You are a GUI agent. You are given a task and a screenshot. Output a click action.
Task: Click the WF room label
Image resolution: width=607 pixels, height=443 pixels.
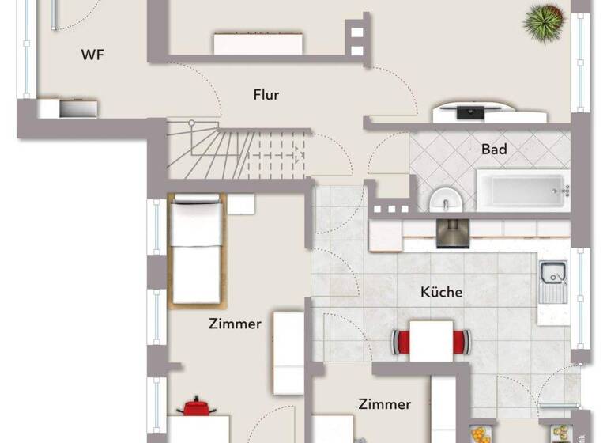tap(93, 55)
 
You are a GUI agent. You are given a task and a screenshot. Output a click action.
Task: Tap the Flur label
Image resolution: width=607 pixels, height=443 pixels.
tap(266, 95)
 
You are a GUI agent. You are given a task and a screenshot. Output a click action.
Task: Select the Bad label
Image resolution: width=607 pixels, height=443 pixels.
tap(494, 149)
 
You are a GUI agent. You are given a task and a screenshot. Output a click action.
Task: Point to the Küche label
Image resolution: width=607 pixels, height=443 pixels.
tap(441, 292)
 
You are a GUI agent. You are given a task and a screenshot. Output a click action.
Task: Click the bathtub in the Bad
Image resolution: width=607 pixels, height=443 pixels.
tap(522, 191)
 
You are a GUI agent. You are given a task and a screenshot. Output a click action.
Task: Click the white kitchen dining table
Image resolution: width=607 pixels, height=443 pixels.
tap(432, 341)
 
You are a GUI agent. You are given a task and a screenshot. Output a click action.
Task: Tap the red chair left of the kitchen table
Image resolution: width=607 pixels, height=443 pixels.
tap(402, 342)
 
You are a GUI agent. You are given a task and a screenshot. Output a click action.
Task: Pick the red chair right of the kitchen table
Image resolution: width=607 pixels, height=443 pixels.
tap(462, 342)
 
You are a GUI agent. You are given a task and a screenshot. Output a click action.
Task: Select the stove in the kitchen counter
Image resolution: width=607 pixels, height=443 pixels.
tap(453, 233)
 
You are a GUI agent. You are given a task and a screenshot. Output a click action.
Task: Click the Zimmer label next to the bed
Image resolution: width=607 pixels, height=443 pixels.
tap(235, 324)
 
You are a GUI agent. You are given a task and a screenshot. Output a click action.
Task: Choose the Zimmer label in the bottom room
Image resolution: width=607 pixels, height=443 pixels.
tap(384, 404)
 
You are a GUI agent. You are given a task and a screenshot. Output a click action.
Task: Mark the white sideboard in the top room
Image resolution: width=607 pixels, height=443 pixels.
tap(258, 43)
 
